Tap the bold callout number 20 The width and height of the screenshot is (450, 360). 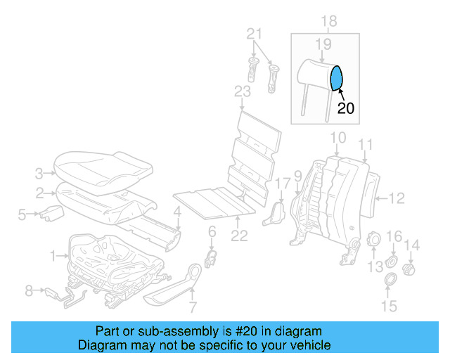(346, 108)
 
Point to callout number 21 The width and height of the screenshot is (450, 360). (255, 34)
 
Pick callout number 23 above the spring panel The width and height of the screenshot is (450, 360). (242, 92)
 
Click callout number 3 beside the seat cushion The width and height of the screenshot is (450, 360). (40, 171)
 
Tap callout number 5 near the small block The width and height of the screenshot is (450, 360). (22, 214)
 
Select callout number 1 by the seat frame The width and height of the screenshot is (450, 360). (56, 258)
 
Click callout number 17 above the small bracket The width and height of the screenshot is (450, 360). (282, 184)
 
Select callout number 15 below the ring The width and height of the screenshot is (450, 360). (389, 306)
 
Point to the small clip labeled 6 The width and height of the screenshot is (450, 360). (209, 257)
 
